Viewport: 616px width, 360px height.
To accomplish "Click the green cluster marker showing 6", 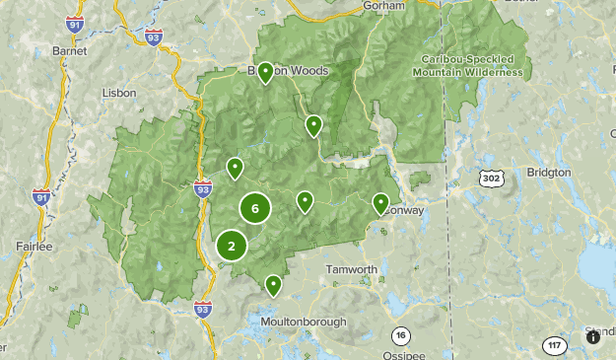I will click(255, 208).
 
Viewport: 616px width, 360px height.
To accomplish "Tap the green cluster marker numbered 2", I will click(232, 247).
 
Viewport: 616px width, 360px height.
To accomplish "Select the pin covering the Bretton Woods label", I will click(265, 74).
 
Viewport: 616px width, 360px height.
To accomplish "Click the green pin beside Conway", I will click(380, 204).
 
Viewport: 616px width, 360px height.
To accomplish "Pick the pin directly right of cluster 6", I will click(306, 202).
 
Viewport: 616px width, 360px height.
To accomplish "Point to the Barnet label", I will click(70, 50).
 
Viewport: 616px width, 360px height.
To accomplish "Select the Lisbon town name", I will click(119, 92).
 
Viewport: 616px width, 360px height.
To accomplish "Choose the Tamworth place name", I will click(352, 268).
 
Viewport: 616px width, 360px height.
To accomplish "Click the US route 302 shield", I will click(493, 178).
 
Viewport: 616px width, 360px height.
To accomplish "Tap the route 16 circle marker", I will click(399, 334).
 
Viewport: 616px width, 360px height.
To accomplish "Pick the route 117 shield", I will click(555, 345).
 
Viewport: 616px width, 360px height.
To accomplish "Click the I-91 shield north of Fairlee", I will click(41, 196).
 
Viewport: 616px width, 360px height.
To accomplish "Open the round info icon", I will click(592, 336).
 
